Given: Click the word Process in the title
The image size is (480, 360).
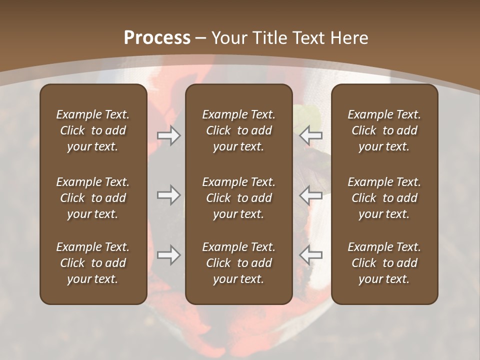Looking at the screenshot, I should (x=157, y=38).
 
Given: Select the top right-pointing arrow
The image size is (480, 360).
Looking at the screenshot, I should (x=168, y=135).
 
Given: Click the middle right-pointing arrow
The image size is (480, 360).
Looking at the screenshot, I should (x=168, y=195).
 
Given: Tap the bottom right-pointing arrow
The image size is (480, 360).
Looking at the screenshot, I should (x=168, y=255).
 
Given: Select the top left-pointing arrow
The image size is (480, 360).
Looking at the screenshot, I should (x=311, y=135).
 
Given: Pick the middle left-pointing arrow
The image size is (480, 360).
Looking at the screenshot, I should (x=311, y=195).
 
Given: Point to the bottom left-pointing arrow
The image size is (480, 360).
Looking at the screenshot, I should (x=311, y=255).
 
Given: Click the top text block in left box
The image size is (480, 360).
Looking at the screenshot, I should (x=93, y=130).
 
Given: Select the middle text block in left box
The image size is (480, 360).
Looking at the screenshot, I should (x=93, y=198).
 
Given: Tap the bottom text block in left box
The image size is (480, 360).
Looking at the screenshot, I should (x=93, y=263).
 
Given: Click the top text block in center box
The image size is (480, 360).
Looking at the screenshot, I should (x=238, y=130).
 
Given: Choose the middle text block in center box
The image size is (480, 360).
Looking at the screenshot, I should (x=238, y=198).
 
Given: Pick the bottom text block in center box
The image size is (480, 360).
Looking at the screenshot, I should (x=238, y=263).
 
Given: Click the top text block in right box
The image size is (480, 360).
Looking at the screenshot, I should (x=384, y=130).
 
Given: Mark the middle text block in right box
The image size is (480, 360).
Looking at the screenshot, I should (x=384, y=198).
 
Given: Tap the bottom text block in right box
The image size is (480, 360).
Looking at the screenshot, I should (x=384, y=263).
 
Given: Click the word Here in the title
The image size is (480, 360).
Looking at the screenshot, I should (x=349, y=38).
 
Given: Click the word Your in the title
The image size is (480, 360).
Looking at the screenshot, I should (x=229, y=38).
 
